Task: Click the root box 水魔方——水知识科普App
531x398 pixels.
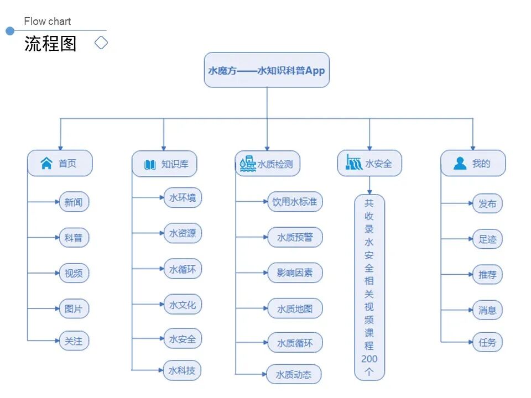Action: coord(267,70)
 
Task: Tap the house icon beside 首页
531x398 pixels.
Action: coord(46,164)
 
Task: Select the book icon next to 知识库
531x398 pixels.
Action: coord(150,164)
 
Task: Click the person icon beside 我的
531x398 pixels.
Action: coord(460,164)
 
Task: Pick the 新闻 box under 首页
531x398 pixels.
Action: coord(74,202)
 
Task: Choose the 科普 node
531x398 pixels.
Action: coord(74,238)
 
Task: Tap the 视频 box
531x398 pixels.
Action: coord(74,273)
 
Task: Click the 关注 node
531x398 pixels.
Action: coord(74,341)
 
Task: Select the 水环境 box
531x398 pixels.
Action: coord(183,198)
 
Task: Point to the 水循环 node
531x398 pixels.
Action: coord(183,269)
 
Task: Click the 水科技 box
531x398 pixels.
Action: coord(182,370)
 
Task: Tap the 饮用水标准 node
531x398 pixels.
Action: coord(294,202)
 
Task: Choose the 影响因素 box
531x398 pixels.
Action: coord(294,273)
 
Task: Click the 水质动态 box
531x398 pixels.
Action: coord(294,375)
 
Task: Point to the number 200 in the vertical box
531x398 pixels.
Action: coord(369,359)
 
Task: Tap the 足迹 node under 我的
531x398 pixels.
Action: coord(487,239)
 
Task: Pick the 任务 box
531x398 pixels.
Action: coord(487,342)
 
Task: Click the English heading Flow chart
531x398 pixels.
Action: coord(48,22)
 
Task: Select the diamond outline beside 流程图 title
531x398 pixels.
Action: coord(101,43)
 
